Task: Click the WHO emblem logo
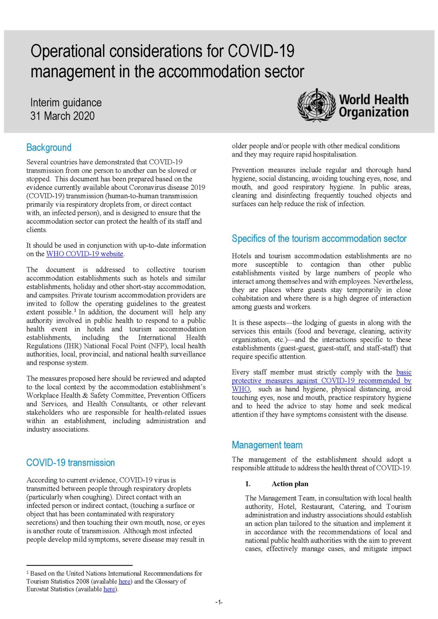point(316,105)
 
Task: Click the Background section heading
point(49,147)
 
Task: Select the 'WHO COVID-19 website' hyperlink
point(85,254)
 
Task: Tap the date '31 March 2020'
point(62,116)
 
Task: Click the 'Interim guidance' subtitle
point(66,102)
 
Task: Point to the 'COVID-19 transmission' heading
point(70,463)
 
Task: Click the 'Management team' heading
point(267,445)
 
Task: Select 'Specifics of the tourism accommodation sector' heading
point(319,239)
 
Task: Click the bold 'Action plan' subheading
point(290,484)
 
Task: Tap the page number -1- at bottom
point(219,602)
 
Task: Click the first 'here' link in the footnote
point(124,581)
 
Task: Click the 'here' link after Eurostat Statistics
point(109,589)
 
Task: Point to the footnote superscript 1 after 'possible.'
point(75,310)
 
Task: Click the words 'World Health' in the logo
point(374,99)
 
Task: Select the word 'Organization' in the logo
point(374,112)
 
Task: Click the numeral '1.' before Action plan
point(248,484)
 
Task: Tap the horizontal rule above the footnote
point(79,565)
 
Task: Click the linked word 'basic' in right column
point(404,372)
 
